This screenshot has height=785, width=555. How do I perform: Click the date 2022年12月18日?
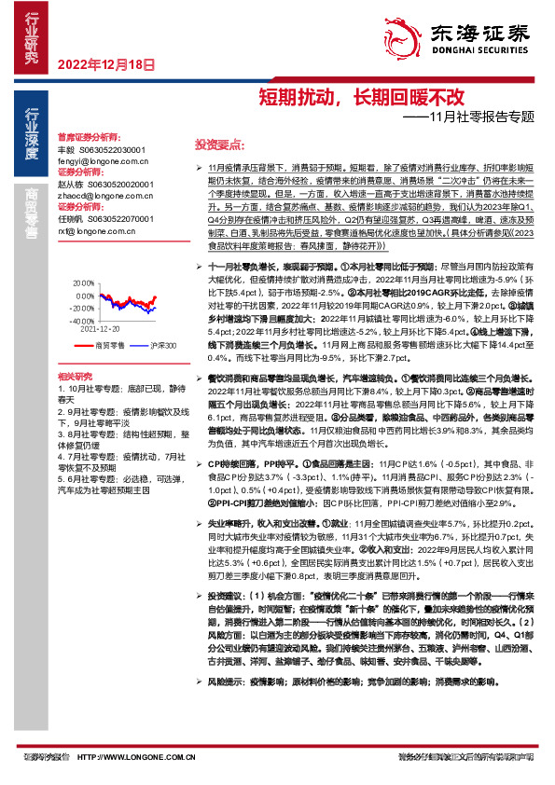click(x=104, y=64)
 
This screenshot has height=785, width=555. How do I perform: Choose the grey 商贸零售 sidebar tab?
click(x=31, y=213)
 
